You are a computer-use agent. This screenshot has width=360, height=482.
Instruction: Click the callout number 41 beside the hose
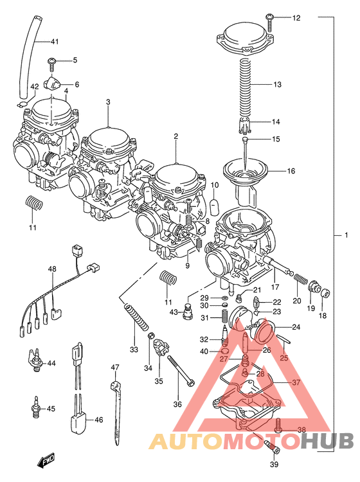click(x=55, y=42)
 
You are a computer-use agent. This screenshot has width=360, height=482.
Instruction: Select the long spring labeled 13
click(x=245, y=86)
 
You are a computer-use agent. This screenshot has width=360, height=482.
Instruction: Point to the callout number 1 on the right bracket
click(x=345, y=235)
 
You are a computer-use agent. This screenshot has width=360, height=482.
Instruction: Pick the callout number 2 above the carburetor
click(x=175, y=136)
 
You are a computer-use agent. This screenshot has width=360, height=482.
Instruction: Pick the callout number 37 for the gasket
click(x=296, y=382)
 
